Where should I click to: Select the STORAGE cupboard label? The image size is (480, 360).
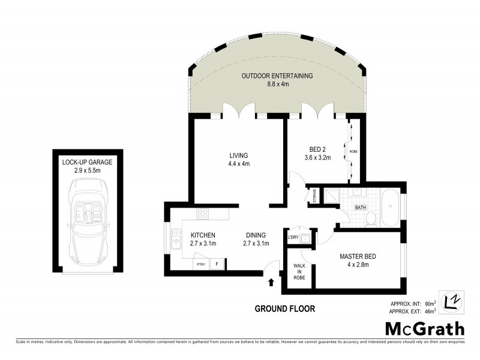(313, 197)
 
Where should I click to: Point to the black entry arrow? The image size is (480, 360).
(271, 281)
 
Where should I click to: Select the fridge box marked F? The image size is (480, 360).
(217, 263)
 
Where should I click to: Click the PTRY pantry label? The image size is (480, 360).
(199, 264)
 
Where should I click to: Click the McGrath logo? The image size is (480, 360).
(424, 328)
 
